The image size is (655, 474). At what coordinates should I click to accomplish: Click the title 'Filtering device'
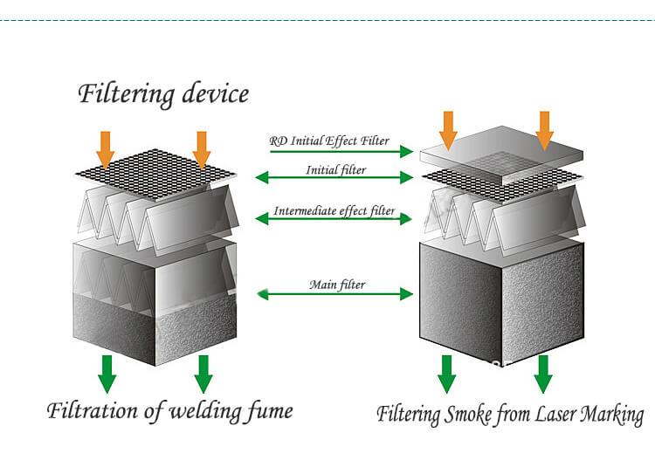[163, 93]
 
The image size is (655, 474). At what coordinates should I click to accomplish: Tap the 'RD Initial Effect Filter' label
[328, 141]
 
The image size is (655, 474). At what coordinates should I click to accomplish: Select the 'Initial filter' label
[336, 170]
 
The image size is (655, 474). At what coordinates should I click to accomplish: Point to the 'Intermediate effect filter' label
[334, 211]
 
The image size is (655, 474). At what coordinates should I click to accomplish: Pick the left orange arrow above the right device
[448, 129]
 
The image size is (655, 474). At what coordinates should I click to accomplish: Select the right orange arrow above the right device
[544, 129]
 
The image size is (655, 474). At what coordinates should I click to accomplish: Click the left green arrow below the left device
[107, 374]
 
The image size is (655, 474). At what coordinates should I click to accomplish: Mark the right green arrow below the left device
[203, 374]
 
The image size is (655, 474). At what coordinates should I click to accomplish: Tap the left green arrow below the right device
[447, 374]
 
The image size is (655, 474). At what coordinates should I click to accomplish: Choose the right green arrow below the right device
[543, 374]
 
